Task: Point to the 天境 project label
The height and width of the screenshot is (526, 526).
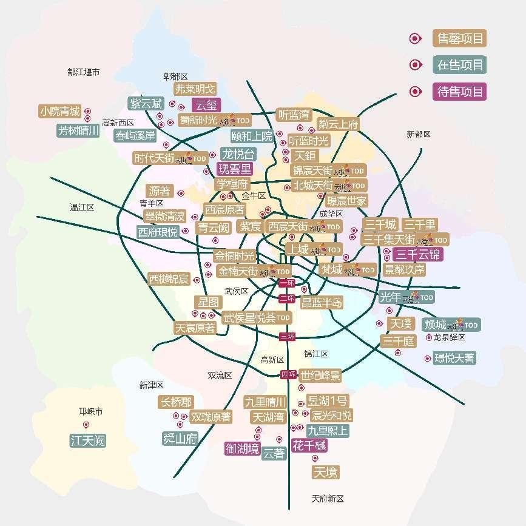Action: pos(325,472)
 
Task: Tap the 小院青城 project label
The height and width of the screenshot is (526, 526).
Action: pos(60,112)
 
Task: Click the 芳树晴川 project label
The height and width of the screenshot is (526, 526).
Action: pos(78,130)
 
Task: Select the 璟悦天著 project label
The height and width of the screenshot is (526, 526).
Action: pos(454,358)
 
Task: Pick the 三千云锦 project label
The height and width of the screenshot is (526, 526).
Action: pos(418,254)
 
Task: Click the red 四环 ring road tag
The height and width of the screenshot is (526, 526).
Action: pos(289,374)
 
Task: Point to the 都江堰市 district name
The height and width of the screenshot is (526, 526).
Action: pos(84,72)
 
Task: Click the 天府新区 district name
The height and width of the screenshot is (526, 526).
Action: pos(328,499)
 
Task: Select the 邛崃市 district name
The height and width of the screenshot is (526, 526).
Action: pos(90,412)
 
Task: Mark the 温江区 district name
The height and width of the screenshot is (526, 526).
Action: pos(82,207)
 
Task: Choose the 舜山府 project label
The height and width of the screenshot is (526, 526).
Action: pos(180,439)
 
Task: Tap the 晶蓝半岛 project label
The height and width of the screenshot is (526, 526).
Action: pos(322,302)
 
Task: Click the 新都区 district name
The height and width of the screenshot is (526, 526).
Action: pos(419,134)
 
